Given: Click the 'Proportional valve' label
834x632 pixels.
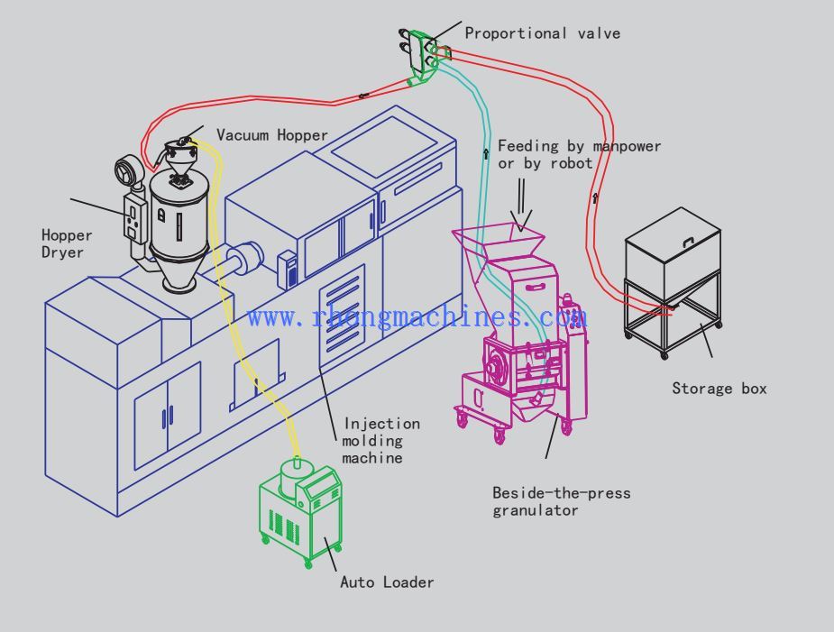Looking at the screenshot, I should coord(542,33).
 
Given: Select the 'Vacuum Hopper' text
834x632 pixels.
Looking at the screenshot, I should coord(271,135).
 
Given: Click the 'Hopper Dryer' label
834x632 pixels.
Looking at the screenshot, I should coord(67,243).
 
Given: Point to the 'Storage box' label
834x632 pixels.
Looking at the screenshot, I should coord(719,389).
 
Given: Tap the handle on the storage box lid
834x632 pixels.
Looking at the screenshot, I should coord(688,240).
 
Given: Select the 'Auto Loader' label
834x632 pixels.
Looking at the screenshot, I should coord(386,582).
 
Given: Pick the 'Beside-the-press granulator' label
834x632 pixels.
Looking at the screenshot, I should coord(561,501).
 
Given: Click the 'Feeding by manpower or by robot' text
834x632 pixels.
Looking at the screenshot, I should coord(579,154).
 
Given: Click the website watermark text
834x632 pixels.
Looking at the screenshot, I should coord(417,316).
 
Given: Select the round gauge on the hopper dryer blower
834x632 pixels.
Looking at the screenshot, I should coord(124,171).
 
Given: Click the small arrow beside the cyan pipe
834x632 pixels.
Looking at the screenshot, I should coord(486,154).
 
